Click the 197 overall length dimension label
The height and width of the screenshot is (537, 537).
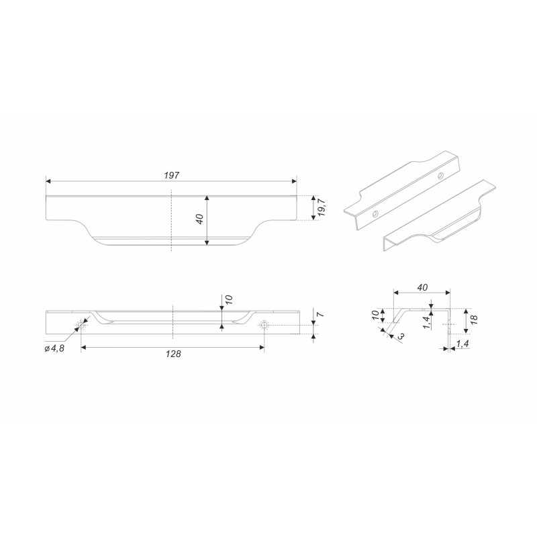click(172, 175)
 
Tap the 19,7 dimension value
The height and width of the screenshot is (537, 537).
click(322, 208)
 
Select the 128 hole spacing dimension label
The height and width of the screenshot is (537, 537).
click(173, 354)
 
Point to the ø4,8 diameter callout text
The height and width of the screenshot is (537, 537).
click(54, 348)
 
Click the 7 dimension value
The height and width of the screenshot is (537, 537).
click(321, 315)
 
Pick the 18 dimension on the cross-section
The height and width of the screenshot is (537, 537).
click(474, 320)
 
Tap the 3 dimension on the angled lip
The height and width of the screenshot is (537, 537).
click(401, 336)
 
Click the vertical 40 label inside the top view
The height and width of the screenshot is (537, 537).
click(200, 219)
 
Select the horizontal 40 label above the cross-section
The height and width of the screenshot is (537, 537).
click(423, 287)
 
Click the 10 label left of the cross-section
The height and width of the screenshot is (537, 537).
click(376, 314)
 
